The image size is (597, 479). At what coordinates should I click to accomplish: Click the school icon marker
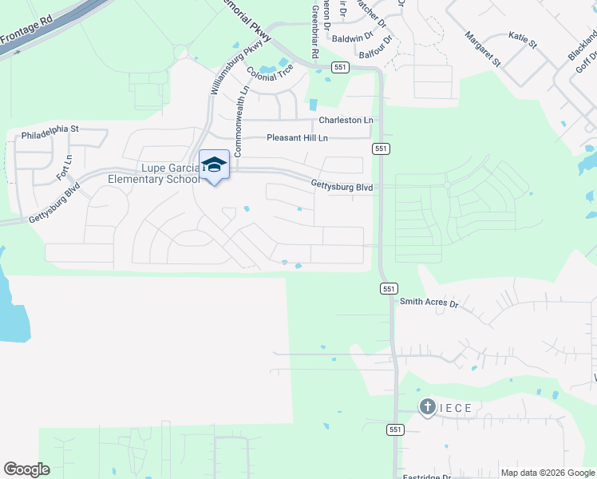pyautogui.click(x=214, y=164)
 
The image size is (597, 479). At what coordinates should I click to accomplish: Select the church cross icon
pyautogui.click(x=427, y=408)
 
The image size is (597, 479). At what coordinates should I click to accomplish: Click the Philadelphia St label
pyautogui.click(x=50, y=128)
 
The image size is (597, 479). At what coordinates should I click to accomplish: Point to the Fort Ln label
pyautogui.click(x=65, y=168)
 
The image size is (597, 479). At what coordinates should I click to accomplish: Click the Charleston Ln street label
pyautogui.click(x=346, y=120)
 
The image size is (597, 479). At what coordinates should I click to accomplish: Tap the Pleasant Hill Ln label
pyautogui.click(x=296, y=138)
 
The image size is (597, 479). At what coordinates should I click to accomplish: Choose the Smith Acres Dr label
pyautogui.click(x=429, y=303)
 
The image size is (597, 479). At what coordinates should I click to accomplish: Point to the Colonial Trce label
pyautogui.click(x=271, y=73)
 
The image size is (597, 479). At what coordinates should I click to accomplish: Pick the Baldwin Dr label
pyautogui.click(x=352, y=38)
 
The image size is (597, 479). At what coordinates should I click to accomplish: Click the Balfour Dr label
pyautogui.click(x=376, y=46)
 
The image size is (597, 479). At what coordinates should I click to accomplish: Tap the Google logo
pyautogui.click(x=26, y=469)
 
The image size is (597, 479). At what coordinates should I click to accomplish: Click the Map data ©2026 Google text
pyautogui.click(x=547, y=473)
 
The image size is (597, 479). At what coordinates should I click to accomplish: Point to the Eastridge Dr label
pyautogui.click(x=426, y=477)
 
